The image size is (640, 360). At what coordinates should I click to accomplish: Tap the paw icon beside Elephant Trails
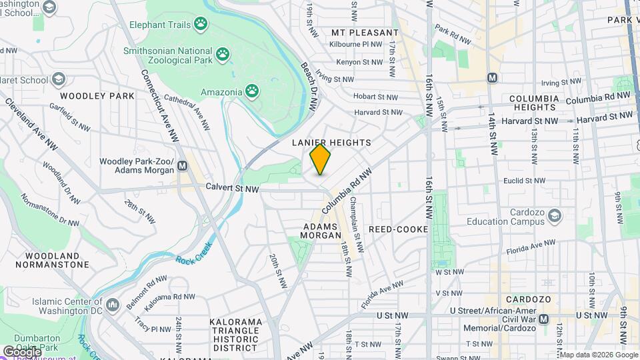coord(201,25)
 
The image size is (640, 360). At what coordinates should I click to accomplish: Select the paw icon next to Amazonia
coord(252,89)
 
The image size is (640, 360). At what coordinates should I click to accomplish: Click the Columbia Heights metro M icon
coord(493,77)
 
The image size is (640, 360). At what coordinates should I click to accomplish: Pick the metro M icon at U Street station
coord(544,319)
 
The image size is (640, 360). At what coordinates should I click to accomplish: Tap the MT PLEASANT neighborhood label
coord(365,32)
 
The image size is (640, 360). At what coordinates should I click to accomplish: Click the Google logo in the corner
coord(21,351)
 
